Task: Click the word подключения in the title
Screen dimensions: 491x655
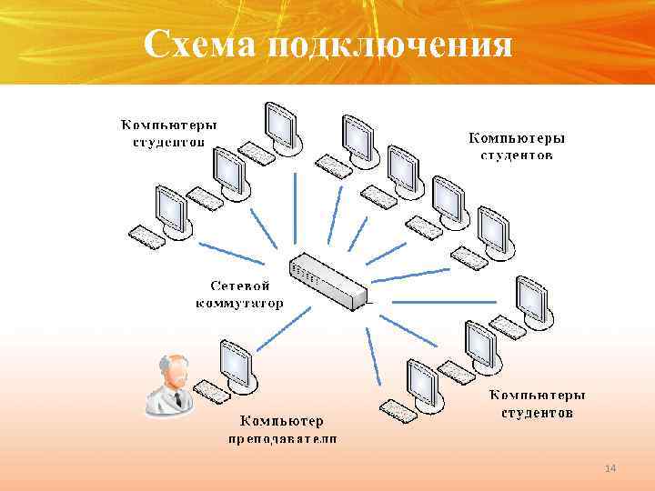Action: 391,45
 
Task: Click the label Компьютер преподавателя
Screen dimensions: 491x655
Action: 281,429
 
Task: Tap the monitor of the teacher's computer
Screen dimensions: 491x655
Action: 236,361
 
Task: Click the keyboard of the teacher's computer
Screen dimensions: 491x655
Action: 211,390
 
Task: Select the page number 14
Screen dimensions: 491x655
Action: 610,467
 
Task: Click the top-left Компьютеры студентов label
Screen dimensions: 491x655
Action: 170,133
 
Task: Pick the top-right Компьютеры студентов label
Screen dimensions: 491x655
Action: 516,146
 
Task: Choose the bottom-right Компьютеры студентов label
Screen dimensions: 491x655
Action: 538,404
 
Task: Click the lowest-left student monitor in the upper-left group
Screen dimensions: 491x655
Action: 170,208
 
